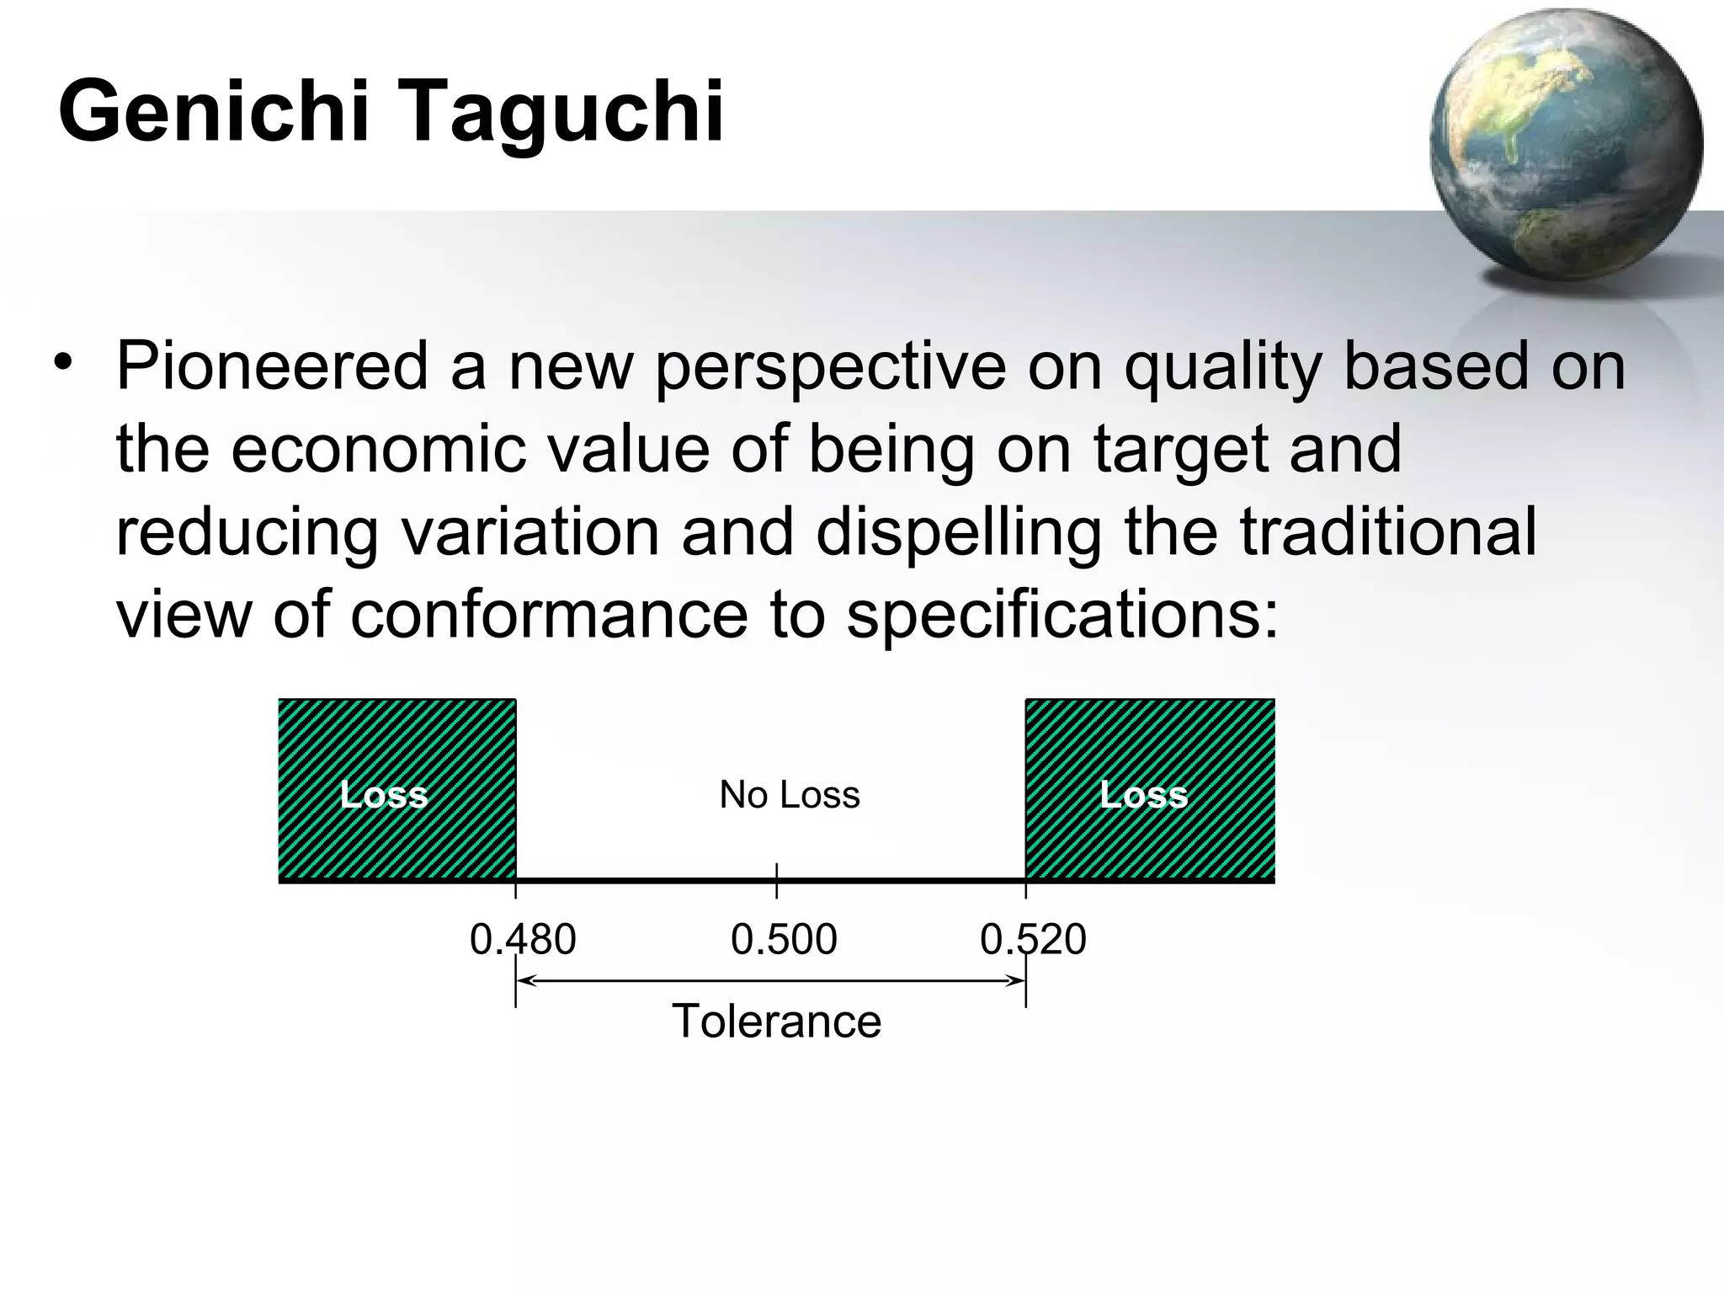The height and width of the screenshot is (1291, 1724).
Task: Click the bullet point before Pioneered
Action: click(62, 363)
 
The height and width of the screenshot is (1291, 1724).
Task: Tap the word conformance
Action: click(549, 615)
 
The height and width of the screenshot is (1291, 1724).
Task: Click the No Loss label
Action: click(789, 795)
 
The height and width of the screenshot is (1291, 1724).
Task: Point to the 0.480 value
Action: click(523, 939)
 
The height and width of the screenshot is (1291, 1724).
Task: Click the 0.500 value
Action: click(784, 939)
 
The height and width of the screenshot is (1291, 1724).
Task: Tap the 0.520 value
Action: click(1033, 939)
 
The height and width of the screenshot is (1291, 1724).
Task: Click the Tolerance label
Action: click(776, 1022)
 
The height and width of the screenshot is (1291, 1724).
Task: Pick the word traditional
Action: click(1388, 532)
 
